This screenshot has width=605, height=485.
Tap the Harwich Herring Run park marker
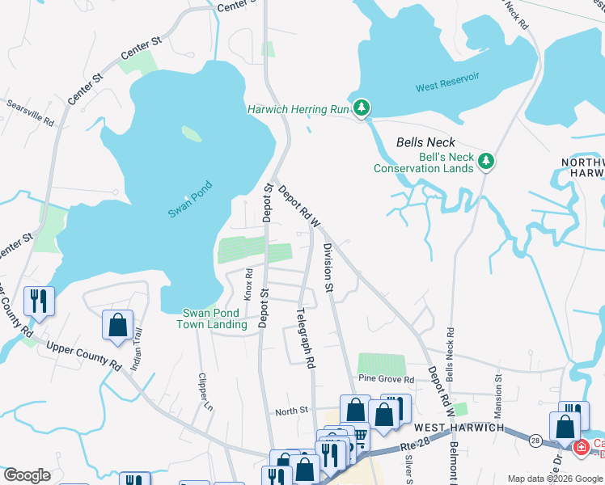(x=363, y=108)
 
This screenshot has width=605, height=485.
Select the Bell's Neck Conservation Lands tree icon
(x=486, y=161)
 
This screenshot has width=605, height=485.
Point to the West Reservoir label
(x=447, y=86)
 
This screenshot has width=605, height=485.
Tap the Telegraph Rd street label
(x=305, y=339)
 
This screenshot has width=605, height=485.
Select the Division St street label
(x=328, y=267)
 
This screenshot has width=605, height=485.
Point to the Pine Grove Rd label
(x=387, y=379)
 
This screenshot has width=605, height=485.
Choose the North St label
(x=292, y=411)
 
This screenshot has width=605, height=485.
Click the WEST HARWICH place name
(x=459, y=427)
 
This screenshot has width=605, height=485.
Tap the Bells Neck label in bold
(x=426, y=142)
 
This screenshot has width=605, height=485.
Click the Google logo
(x=27, y=475)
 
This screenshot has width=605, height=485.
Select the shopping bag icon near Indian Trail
(x=117, y=325)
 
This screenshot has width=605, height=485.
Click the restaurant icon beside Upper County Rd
(x=39, y=301)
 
